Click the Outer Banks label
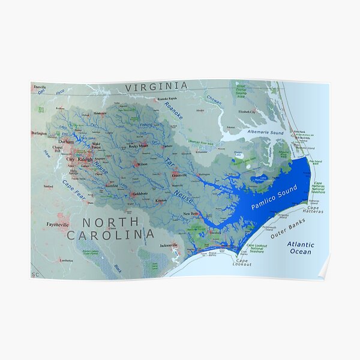coord(288,229)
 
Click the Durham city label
coord(66,142)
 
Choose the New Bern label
coord(190,214)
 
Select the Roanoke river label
coord(173,112)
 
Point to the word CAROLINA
coord(110,236)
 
